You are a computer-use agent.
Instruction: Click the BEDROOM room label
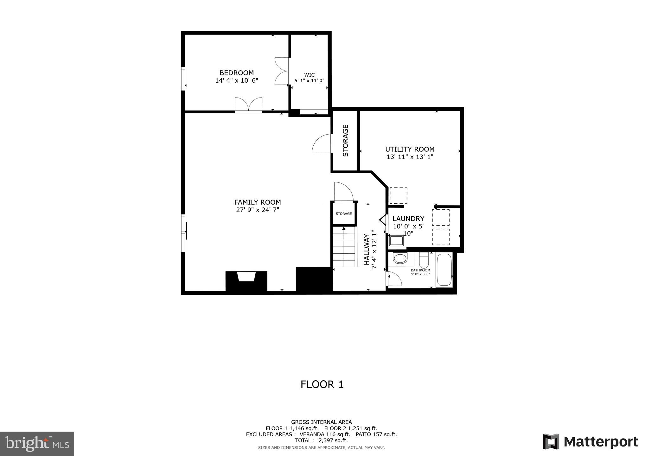(236, 73)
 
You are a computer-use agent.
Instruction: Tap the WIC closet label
(309, 75)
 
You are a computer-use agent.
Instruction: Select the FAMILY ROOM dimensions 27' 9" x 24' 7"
(257, 210)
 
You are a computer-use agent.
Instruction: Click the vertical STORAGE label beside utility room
(345, 140)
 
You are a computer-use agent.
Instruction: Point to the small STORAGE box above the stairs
(344, 214)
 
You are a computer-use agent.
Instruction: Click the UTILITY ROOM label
(410, 149)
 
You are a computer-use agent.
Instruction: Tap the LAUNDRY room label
(408, 218)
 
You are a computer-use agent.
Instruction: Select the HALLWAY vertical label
(367, 249)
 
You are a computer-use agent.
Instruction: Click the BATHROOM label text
(420, 270)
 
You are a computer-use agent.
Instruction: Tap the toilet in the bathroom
(424, 260)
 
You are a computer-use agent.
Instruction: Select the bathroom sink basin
(400, 259)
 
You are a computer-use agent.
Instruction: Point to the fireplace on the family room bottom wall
(246, 279)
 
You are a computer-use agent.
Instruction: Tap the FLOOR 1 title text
(322, 384)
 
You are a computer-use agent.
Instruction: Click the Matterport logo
(590, 442)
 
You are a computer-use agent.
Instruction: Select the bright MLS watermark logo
(37, 444)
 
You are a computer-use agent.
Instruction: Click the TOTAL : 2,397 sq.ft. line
(321, 440)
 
